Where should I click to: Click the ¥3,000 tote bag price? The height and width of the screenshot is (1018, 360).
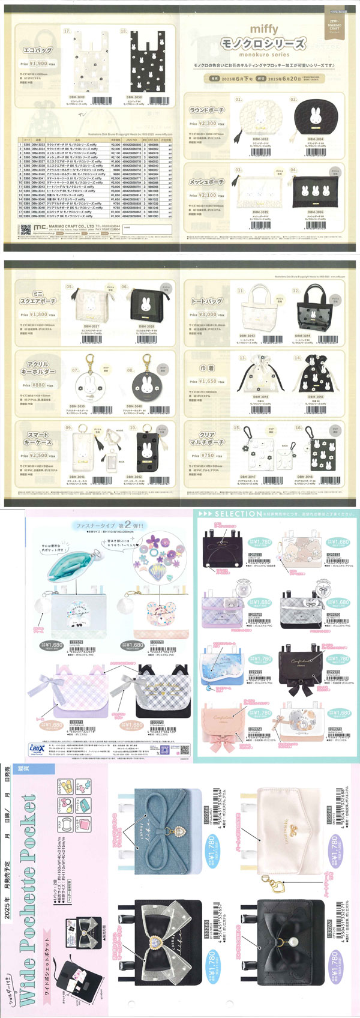tap(208, 315)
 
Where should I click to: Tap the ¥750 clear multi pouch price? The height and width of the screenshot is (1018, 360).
tap(208, 456)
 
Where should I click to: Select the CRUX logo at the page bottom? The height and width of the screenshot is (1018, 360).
tap(37, 748)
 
